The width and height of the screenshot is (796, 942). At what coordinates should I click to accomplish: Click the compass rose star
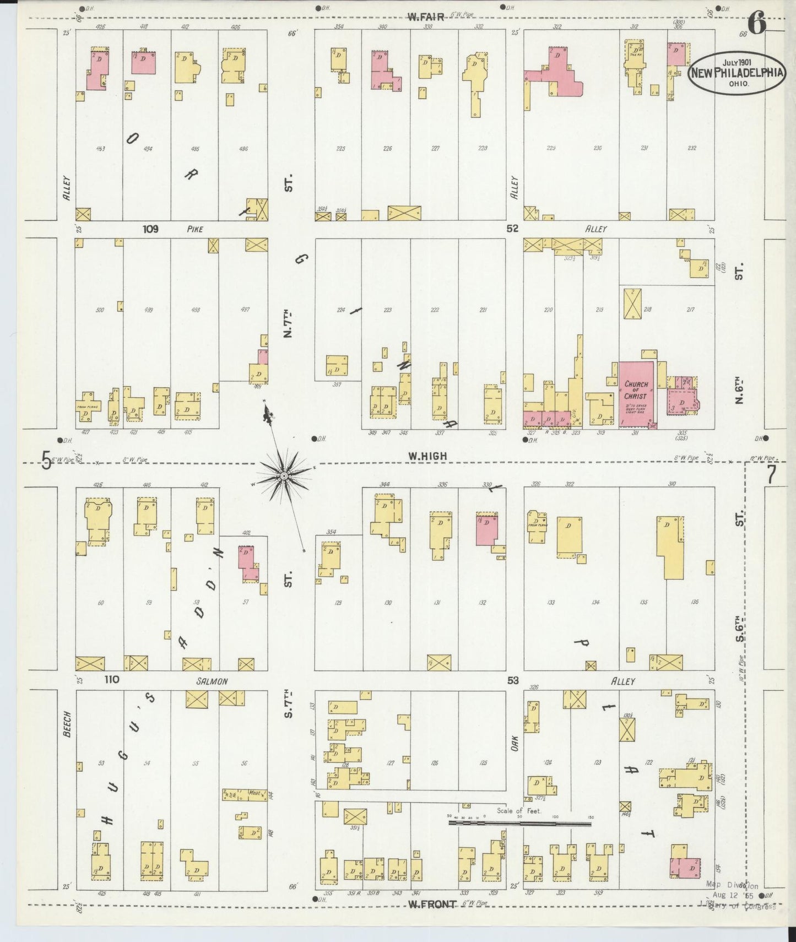pyautogui.click(x=284, y=475)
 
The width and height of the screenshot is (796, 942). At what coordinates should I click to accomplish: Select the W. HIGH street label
pyautogui.click(x=427, y=456)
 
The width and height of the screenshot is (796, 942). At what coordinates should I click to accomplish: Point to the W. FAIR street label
pyautogui.click(x=426, y=17)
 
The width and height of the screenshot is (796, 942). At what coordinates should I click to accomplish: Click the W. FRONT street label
pyautogui.click(x=432, y=904)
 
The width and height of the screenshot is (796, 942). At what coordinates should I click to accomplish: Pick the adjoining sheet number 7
pyautogui.click(x=771, y=475)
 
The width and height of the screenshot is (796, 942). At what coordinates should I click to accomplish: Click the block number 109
pyautogui.click(x=150, y=229)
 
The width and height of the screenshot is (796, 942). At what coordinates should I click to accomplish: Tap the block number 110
pyautogui.click(x=112, y=680)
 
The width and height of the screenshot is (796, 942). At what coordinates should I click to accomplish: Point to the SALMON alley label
pyautogui.click(x=212, y=681)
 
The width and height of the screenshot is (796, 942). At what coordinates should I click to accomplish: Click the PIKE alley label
pyautogui.click(x=195, y=229)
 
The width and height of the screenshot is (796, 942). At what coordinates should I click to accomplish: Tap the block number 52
pyautogui.click(x=512, y=229)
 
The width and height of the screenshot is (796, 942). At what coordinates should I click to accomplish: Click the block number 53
pyautogui.click(x=513, y=681)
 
